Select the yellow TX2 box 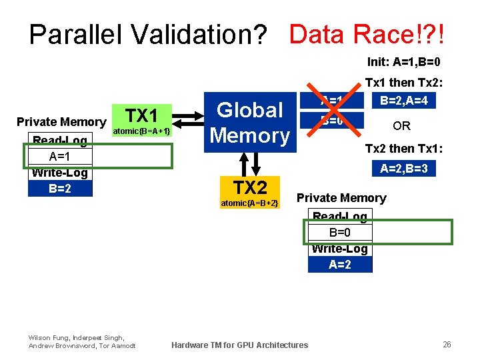249,193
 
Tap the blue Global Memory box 250,122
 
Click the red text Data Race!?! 367,33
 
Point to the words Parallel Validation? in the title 148,35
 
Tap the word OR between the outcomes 401,126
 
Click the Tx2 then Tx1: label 403,147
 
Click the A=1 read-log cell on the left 60,157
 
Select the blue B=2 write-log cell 60,188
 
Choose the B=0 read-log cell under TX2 340,233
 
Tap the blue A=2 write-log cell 340,264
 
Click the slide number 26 447,344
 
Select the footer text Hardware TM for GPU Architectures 240,345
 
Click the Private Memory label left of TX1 61,122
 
